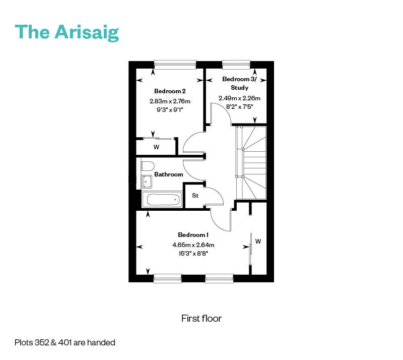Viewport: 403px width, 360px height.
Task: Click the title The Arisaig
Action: [x=67, y=32]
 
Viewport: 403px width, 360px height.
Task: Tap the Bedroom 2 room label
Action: [x=170, y=91]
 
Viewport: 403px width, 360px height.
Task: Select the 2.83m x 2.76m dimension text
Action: [x=170, y=101]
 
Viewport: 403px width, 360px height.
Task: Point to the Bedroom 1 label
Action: [x=193, y=234]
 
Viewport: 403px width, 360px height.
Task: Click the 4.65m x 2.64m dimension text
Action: [x=193, y=245]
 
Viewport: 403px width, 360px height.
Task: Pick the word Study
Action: [x=240, y=88]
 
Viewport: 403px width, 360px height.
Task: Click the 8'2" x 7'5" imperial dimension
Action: [x=240, y=107]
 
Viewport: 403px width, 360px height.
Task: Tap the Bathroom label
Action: [x=169, y=174]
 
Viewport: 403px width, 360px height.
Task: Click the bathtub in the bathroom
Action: [x=162, y=200]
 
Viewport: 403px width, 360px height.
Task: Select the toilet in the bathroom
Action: [x=147, y=166]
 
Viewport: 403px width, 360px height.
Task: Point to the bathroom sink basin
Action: [x=147, y=182]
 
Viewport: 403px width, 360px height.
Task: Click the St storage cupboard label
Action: [x=195, y=196]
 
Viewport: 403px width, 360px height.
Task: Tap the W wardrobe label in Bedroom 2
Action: [x=156, y=147]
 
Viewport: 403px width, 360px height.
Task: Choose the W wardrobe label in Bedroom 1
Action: [x=258, y=241]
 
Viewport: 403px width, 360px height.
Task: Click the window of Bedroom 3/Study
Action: [x=236, y=65]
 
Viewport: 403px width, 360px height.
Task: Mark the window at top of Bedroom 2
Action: [x=175, y=65]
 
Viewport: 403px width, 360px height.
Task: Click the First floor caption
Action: [x=201, y=319]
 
